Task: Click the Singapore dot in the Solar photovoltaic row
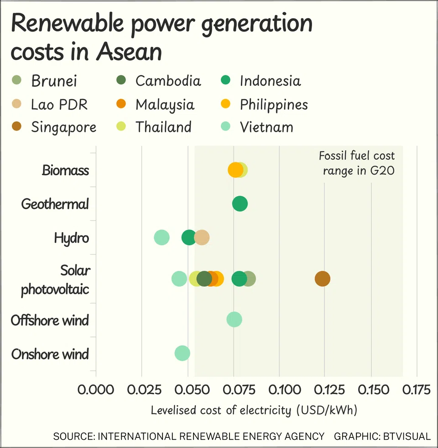322,279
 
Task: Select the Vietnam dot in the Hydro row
162,238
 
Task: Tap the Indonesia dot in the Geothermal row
240,204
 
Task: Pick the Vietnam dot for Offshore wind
234,320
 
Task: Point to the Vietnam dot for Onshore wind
182,353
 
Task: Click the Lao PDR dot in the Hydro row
202,238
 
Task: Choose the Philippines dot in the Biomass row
235,170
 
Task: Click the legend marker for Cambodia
121,81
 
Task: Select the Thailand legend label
163,127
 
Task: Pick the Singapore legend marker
16,127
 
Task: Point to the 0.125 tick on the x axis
325,391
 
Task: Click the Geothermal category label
55,204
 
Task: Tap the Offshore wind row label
50,320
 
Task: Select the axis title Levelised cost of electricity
254,410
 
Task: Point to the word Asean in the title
129,51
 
